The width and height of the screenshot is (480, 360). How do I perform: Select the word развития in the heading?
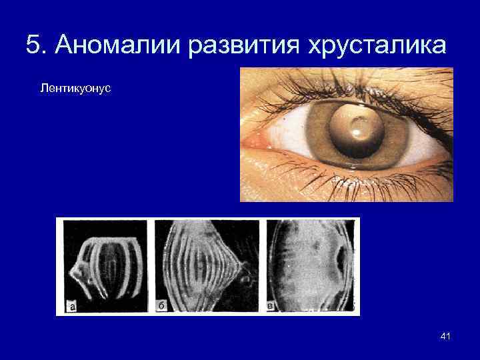pyautogui.click(x=244, y=45)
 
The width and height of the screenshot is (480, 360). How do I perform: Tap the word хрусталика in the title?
pyautogui.click(x=377, y=45)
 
